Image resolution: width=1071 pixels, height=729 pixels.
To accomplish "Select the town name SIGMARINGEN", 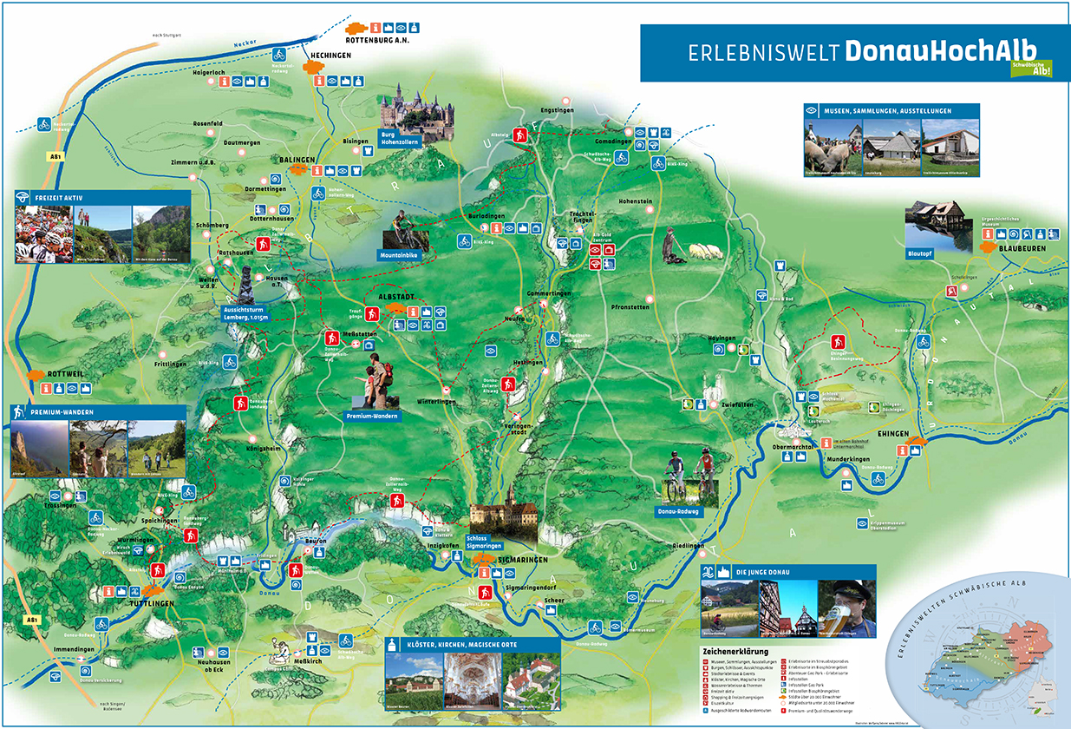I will [x=523, y=561].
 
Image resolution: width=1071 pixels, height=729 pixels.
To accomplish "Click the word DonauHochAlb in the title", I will [x=940, y=51].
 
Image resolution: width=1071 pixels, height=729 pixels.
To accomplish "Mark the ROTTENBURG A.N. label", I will [x=376, y=41].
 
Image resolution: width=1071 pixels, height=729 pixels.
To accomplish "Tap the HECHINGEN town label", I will [x=328, y=56].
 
